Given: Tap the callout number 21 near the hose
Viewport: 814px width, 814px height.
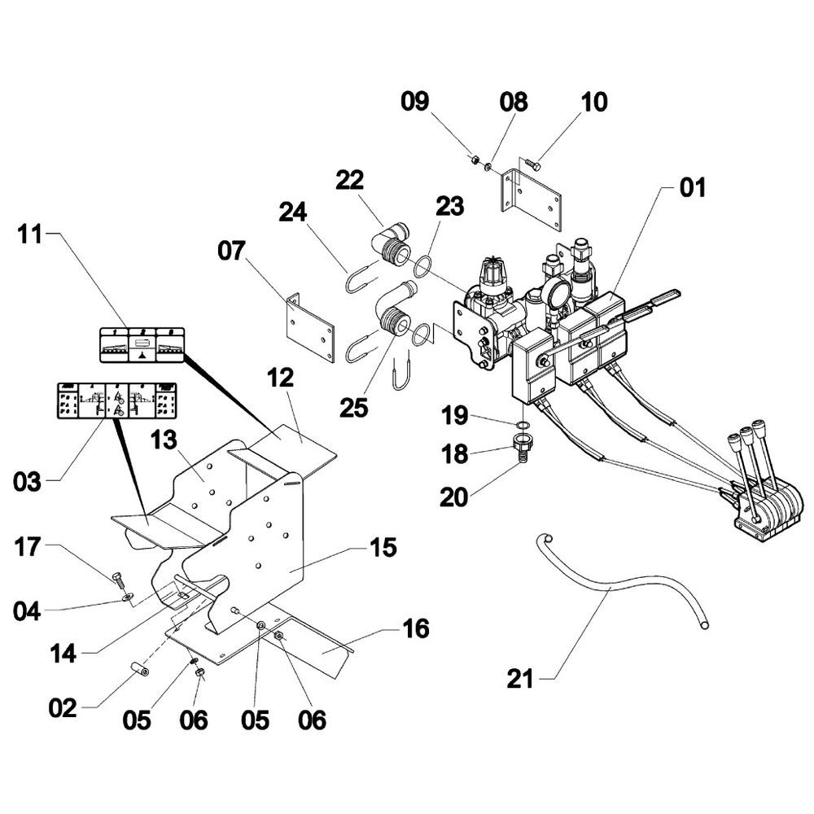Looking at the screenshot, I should click(x=520, y=678).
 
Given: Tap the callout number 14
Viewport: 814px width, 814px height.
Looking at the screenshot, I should click(x=64, y=654).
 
